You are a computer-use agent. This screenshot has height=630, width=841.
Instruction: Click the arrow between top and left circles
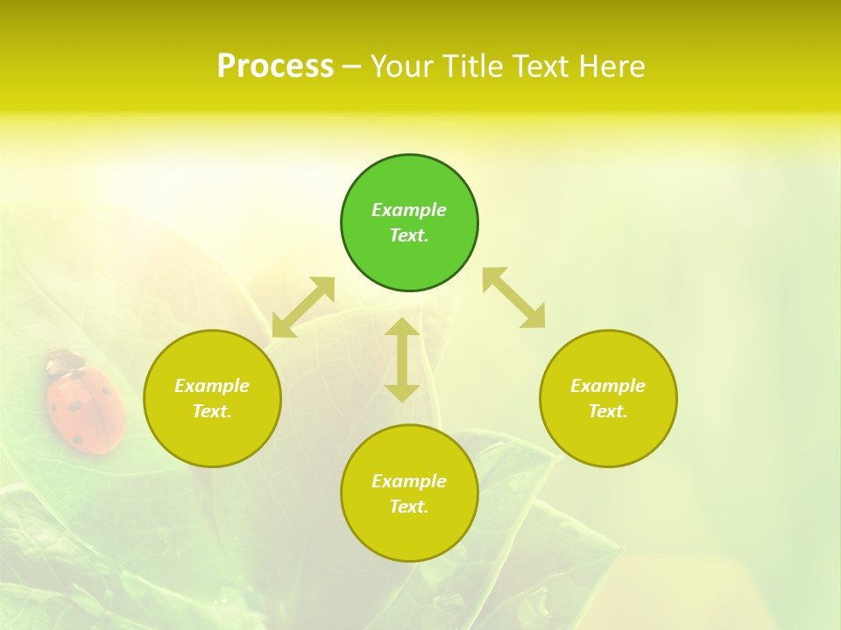(x=303, y=307)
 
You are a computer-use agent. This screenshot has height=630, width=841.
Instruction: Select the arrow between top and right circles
(x=514, y=297)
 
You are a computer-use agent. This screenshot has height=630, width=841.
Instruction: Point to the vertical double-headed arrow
(x=402, y=360)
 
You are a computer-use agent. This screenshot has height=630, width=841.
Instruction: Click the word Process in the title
(x=275, y=66)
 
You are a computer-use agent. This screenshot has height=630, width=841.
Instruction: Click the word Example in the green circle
(x=409, y=210)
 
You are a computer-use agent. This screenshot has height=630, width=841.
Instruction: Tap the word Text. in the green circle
(x=409, y=235)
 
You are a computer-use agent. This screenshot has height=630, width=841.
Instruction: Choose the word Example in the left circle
(x=212, y=386)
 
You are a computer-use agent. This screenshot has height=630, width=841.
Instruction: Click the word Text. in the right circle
(x=608, y=411)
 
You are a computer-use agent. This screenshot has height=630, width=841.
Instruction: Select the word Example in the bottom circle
(x=409, y=481)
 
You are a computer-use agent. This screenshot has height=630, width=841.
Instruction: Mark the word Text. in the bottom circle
(x=409, y=507)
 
